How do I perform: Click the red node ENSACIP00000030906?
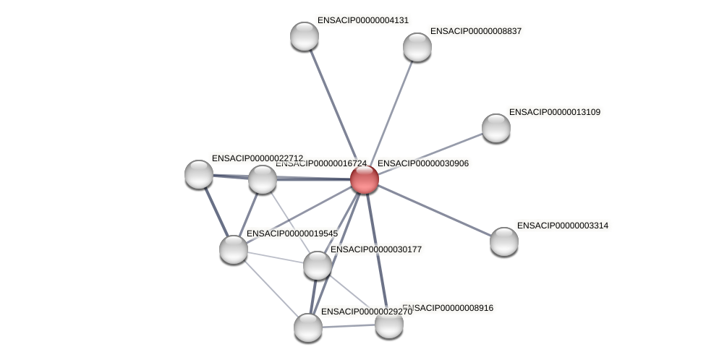point(364,179)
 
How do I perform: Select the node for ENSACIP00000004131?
point(305,36)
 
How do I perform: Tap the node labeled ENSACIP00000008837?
point(417,47)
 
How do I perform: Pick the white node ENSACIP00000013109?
point(496,128)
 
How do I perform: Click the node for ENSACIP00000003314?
point(503,241)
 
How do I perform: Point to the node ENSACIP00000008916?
point(388,324)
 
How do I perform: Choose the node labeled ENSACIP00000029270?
point(308,327)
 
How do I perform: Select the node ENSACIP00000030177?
point(317,265)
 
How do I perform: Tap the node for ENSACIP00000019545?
point(234,249)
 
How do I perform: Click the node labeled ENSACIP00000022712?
point(199,174)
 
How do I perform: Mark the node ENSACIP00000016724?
point(263,179)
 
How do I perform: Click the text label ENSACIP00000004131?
point(362,20)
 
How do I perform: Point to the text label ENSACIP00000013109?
point(554,112)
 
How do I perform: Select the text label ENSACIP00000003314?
point(562,226)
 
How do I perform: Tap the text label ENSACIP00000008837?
point(475,31)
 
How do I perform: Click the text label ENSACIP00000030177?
point(375,249)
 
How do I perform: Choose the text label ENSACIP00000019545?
point(292,233)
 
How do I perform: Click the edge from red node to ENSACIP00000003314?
point(434,210)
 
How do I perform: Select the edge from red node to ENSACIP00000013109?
point(430,154)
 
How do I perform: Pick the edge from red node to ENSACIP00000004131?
point(334,108)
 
